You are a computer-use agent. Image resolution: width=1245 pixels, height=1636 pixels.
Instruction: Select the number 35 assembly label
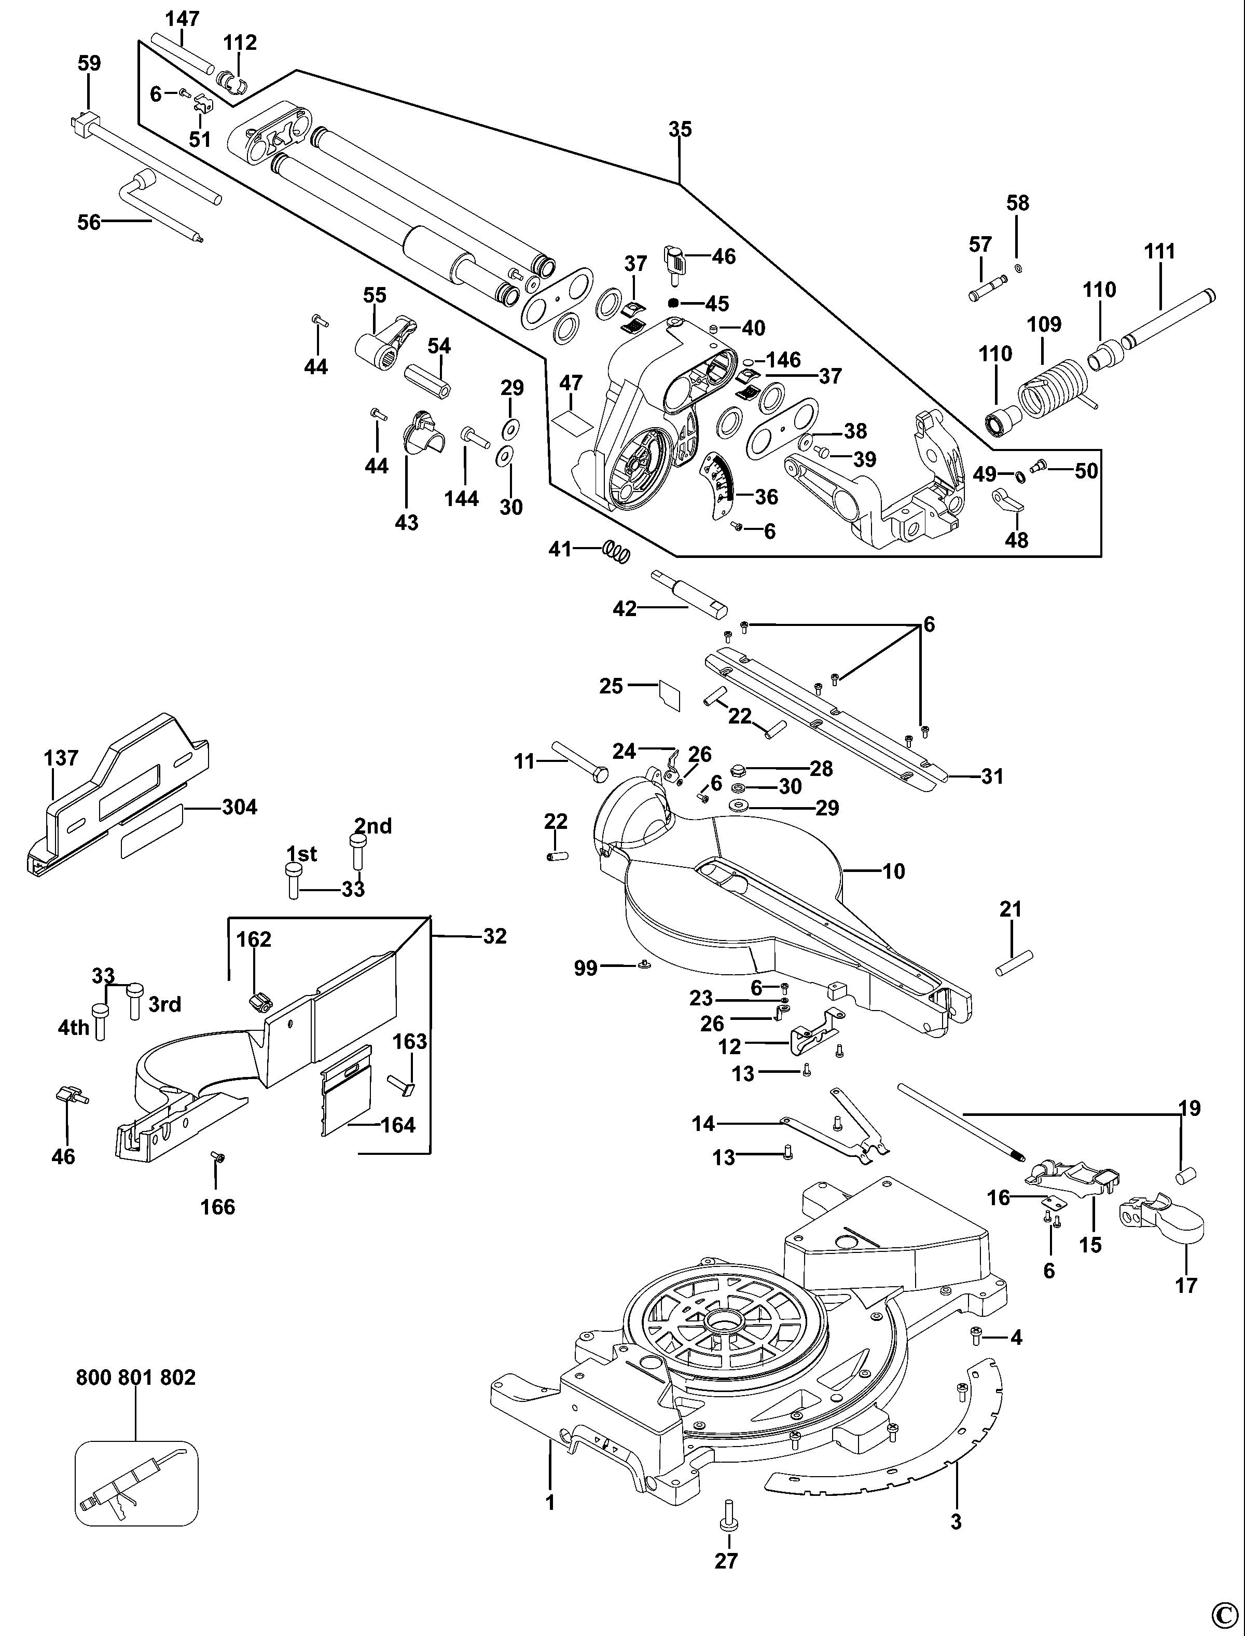click(x=680, y=130)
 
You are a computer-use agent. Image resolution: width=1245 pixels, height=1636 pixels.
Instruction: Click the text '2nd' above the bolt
click(x=373, y=826)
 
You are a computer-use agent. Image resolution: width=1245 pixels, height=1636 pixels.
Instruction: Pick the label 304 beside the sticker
click(x=239, y=807)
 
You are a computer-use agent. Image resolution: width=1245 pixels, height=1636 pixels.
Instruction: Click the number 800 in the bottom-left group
click(x=94, y=1378)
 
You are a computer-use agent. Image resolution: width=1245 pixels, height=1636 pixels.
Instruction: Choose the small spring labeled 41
click(x=616, y=550)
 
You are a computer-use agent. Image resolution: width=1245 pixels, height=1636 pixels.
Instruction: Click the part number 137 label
click(x=61, y=758)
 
